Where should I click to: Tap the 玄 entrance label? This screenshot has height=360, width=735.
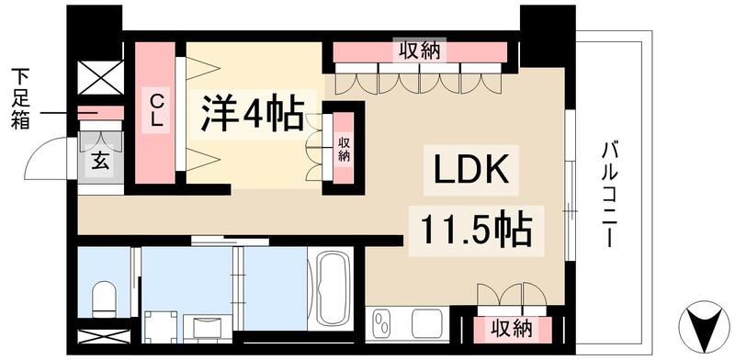pos(98,162)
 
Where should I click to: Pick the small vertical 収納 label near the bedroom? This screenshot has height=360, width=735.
pos(344,150)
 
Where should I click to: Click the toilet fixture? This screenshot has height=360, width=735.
pos(105,298)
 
